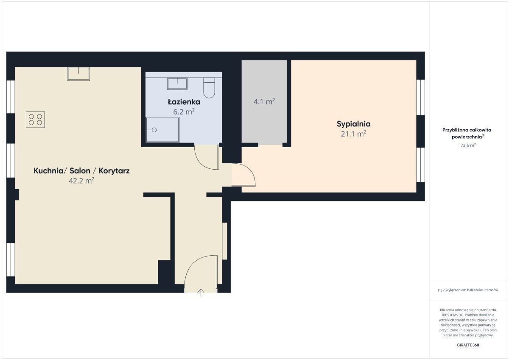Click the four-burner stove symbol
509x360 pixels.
pos(35,120)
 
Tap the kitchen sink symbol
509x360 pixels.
pos(78,74)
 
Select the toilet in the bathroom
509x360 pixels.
pos(209,88)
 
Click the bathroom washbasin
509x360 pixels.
pos(177,84)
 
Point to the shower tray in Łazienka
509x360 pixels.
pos(162,130)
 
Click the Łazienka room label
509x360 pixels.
pos(184,102)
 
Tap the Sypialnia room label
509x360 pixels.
pos(354,124)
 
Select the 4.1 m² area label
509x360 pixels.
pos(264,101)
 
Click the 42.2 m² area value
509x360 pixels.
pos(81,181)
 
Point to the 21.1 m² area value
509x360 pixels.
pos(354,134)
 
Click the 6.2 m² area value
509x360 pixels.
pos(184,112)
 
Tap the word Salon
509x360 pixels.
pos(80,171)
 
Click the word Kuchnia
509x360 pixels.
pos(48,171)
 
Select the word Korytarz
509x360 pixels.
pos(114,171)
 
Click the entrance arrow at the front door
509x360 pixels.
pos(201,292)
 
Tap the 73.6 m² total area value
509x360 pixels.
pos(468,145)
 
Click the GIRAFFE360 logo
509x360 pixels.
pos(468,345)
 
